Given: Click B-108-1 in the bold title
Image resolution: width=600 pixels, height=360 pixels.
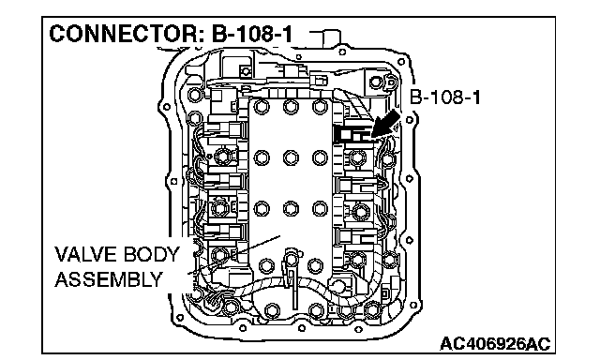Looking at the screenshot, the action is click(x=252, y=34).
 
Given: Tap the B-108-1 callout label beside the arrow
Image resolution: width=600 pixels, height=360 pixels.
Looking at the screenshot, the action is click(x=444, y=97).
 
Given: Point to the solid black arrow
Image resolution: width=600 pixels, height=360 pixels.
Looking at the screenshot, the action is click(x=385, y=124).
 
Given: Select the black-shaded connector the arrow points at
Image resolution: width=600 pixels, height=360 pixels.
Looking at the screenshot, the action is click(x=352, y=134).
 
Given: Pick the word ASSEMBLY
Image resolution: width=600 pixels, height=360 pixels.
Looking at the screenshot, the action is click(x=109, y=279).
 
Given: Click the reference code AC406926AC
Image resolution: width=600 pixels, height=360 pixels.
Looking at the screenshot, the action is click(x=495, y=343).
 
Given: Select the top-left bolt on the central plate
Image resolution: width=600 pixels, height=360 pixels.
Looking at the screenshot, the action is click(x=262, y=107).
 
